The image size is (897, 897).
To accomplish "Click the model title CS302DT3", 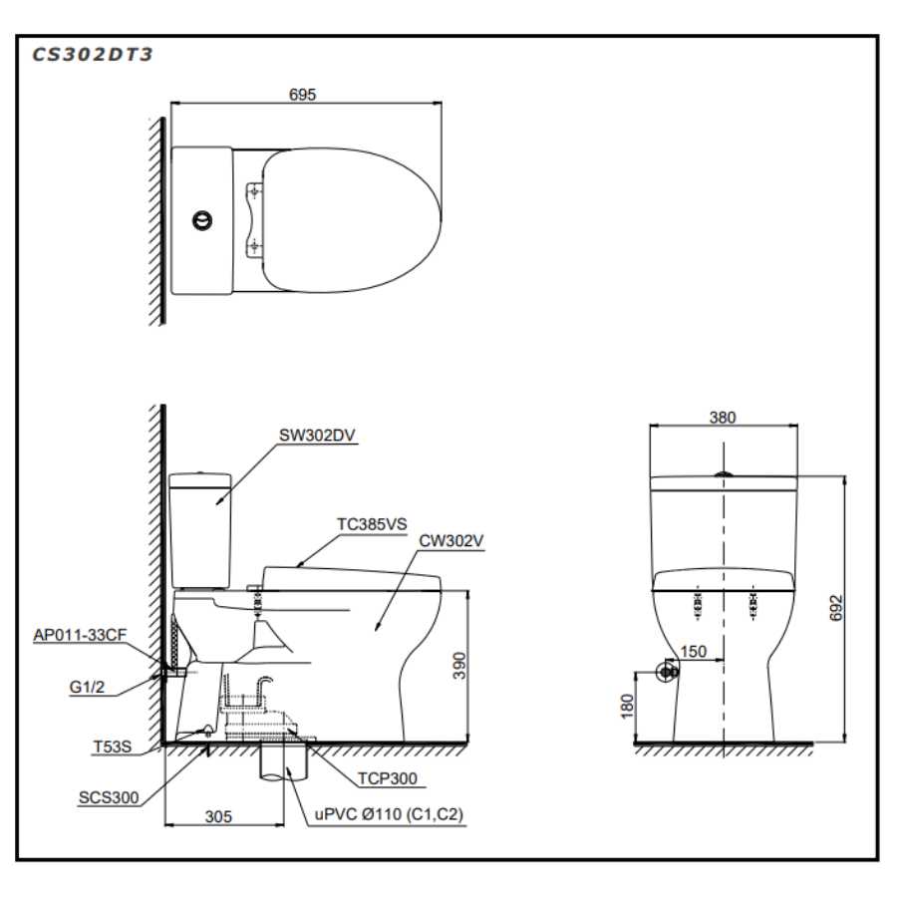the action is click(92, 55).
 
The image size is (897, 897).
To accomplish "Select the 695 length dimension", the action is click(302, 95).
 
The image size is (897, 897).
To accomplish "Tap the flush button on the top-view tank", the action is click(202, 220).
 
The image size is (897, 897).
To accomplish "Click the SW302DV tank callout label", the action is click(317, 436).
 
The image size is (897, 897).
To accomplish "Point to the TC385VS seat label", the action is click(372, 524).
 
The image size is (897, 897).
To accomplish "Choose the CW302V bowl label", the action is click(451, 540).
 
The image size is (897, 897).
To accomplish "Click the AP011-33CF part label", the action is click(80, 635).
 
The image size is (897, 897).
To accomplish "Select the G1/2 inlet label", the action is click(87, 687).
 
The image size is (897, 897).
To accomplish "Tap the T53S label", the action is click(112, 747).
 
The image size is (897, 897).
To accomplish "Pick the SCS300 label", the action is click(109, 797).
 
